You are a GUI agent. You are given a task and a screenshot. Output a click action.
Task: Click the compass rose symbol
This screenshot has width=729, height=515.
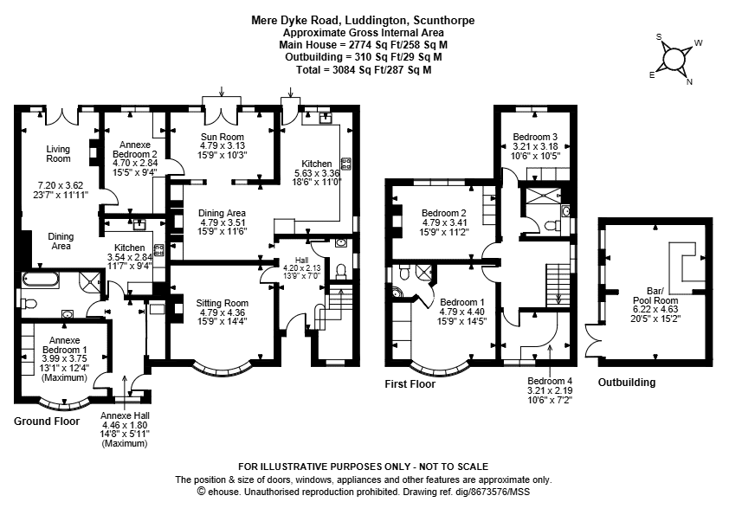pyautogui.click(x=674, y=59)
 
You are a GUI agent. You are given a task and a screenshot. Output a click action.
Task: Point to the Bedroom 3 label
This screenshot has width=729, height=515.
pyautogui.click(x=534, y=137)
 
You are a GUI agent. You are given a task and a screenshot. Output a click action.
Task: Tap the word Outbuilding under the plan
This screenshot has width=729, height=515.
pyautogui.click(x=626, y=382)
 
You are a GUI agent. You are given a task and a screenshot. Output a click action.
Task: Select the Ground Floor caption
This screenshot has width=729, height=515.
pyautogui.click(x=47, y=422)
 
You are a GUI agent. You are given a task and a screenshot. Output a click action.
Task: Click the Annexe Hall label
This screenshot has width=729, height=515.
pyautogui.click(x=125, y=416)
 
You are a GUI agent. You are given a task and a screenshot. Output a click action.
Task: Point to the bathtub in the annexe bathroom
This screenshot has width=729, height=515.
pyautogui.click(x=40, y=279)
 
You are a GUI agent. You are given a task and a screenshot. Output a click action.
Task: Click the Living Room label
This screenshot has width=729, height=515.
pyautogui.click(x=58, y=153)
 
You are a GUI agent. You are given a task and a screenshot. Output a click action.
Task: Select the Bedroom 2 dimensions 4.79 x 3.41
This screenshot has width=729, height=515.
pyautogui.click(x=445, y=222)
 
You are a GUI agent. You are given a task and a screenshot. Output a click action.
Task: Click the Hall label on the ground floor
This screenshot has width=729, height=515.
pyautogui.click(x=301, y=260)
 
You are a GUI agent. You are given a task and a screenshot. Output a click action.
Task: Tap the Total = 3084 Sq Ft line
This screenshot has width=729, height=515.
pyautogui.click(x=363, y=69)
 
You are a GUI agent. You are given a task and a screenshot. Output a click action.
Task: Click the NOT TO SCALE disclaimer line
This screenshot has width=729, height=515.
pyautogui.click(x=363, y=467)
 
